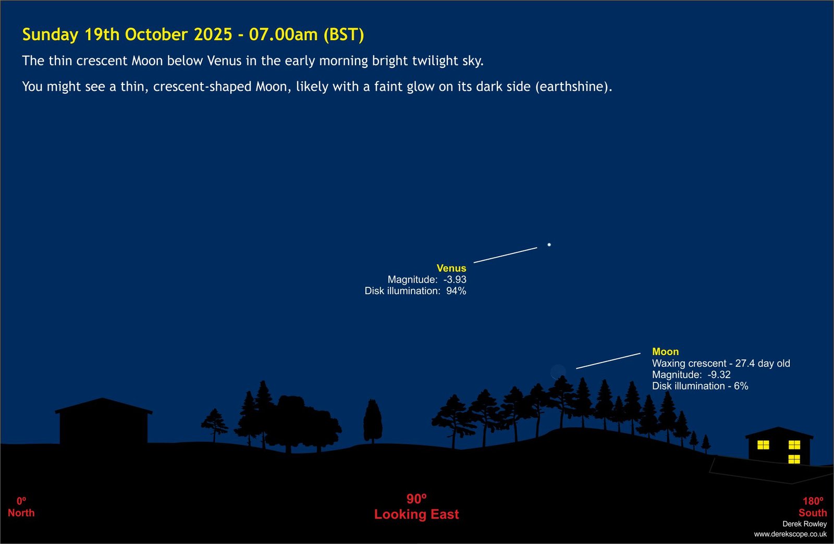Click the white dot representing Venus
[549, 245]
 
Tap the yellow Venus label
[451, 268]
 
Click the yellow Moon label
[665, 352]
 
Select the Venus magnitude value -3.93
[455, 280]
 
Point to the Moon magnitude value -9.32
[719, 374]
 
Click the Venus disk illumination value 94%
[456, 291]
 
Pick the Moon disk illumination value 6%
[741, 386]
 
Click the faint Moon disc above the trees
[558, 372]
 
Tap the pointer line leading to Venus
[505, 255]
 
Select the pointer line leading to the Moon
[608, 361]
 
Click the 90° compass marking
[416, 499]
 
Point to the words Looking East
[416, 514]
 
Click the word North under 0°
[21, 513]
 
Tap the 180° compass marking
[813, 501]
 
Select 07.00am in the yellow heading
[284, 34]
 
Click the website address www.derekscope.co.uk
[790, 534]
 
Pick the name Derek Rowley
[805, 524]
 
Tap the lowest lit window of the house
[794, 459]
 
